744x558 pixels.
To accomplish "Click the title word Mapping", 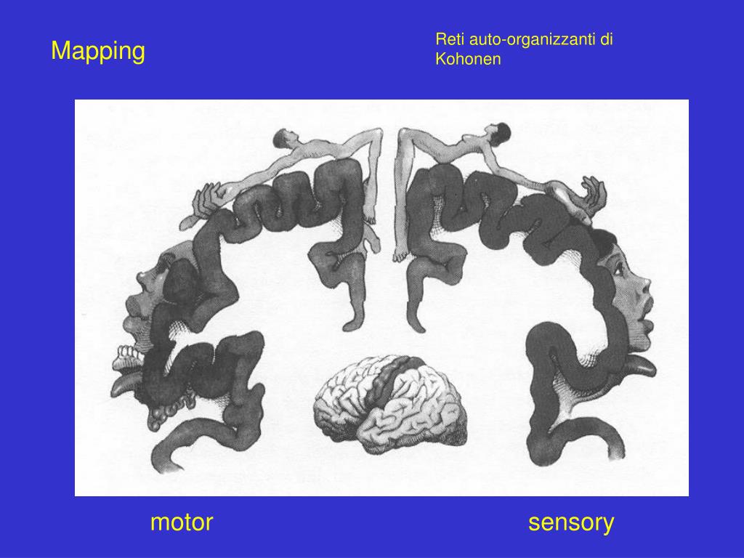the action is pos(98,52).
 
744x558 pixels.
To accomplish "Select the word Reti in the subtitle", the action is pos(448,40).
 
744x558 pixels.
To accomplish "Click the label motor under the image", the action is pos(182,522).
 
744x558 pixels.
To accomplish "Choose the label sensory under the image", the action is pos(571,522).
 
